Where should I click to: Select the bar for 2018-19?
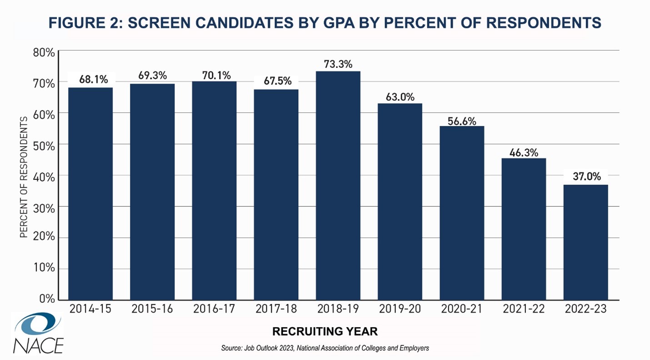[338, 185]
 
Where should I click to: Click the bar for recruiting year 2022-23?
[585, 242]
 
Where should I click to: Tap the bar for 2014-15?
[90, 194]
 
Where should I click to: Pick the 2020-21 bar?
[462, 213]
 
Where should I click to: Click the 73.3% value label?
[338, 64]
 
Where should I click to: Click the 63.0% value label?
[400, 97]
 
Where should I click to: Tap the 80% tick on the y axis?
[44, 52]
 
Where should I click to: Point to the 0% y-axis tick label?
[47, 299]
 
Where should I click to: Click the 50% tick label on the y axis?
[44, 145]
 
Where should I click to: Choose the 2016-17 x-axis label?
[214, 309]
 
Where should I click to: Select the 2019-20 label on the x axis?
[400, 309]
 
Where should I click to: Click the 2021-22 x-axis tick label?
[524, 309]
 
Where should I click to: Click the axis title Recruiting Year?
[325, 330]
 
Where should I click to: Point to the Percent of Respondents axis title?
[24, 176]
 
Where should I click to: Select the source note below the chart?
[325, 348]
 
